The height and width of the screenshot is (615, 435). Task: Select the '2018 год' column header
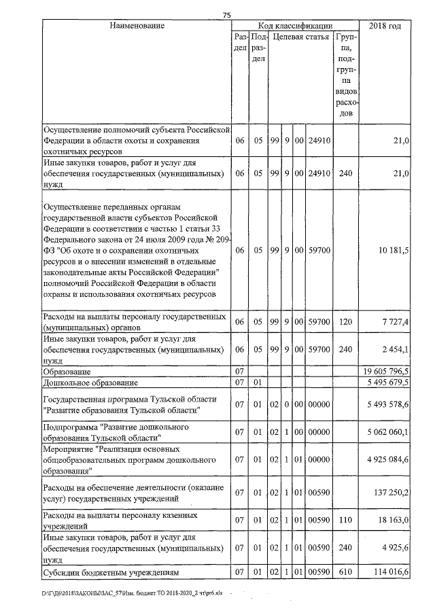pos(384,26)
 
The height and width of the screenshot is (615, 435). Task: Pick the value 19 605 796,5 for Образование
pos(384,372)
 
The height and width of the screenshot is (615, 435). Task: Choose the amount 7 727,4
pos(394,321)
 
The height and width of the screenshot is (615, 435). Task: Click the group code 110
pos(345,520)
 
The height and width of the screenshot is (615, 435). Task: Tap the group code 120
pos(345,321)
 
